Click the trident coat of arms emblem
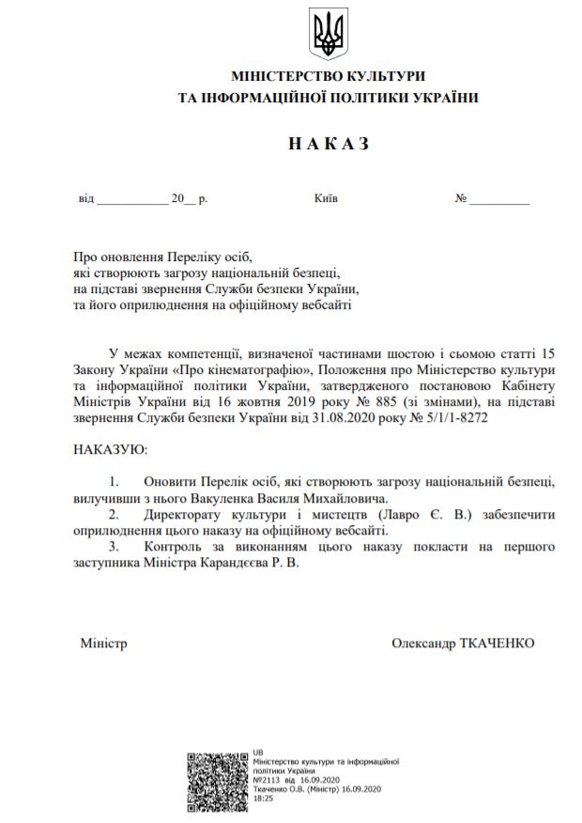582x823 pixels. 328,35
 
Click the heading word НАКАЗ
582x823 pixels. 329,144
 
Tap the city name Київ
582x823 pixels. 327,199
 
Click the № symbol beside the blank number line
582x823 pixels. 461,199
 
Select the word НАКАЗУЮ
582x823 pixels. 111,451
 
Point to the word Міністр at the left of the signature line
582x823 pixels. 103,644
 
